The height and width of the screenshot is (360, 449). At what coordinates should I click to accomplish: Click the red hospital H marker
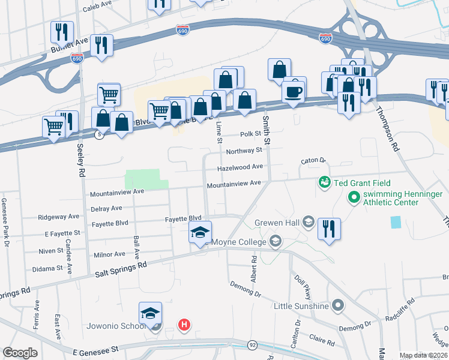click(x=184, y=325)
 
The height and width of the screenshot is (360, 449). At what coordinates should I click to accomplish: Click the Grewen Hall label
click(x=277, y=222)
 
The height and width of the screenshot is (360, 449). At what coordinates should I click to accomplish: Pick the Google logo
click(x=20, y=353)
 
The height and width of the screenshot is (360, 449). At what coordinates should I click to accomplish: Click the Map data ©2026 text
click(x=423, y=355)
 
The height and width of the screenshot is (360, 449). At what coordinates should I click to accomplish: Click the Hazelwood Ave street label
click(x=240, y=167)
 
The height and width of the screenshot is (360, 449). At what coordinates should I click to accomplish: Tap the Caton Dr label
click(x=313, y=161)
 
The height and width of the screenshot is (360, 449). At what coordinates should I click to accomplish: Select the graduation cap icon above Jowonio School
click(x=151, y=313)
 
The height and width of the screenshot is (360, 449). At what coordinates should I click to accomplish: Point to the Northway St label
click(x=244, y=151)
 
